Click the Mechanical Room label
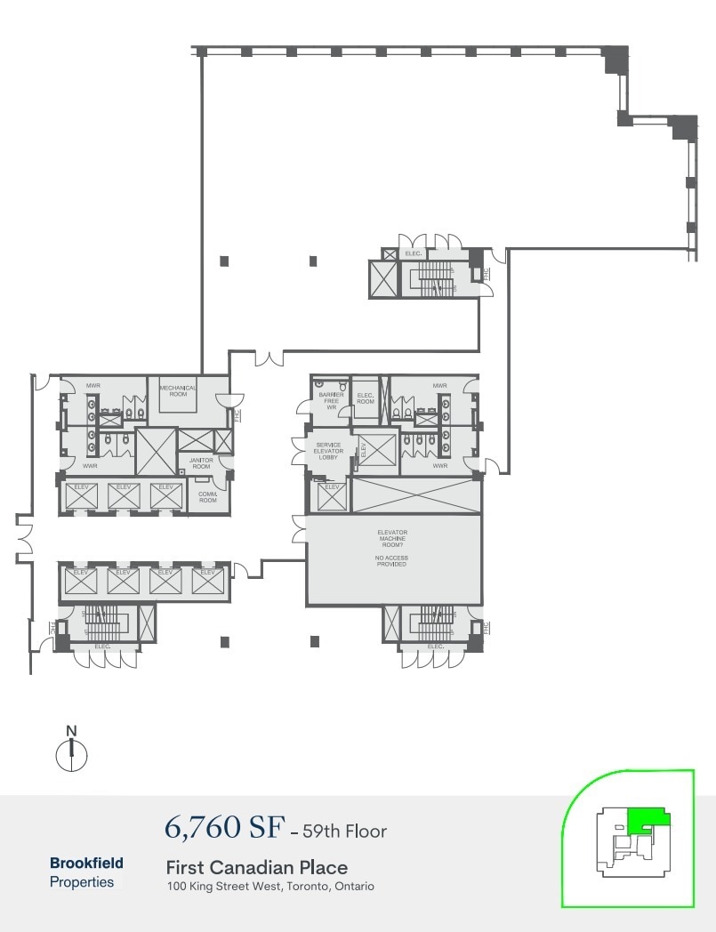point(178,390)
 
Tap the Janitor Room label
point(200,463)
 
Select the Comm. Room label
point(208,497)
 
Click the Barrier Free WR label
point(331,400)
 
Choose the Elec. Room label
point(366,398)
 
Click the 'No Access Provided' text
point(392,561)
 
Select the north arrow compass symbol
point(72,756)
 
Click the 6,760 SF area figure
point(223,827)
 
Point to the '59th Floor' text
point(345,832)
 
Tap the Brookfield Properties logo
point(86,872)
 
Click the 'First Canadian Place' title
point(257,867)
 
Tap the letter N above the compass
point(72,731)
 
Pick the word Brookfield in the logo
point(86,863)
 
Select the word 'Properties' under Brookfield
point(82,882)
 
